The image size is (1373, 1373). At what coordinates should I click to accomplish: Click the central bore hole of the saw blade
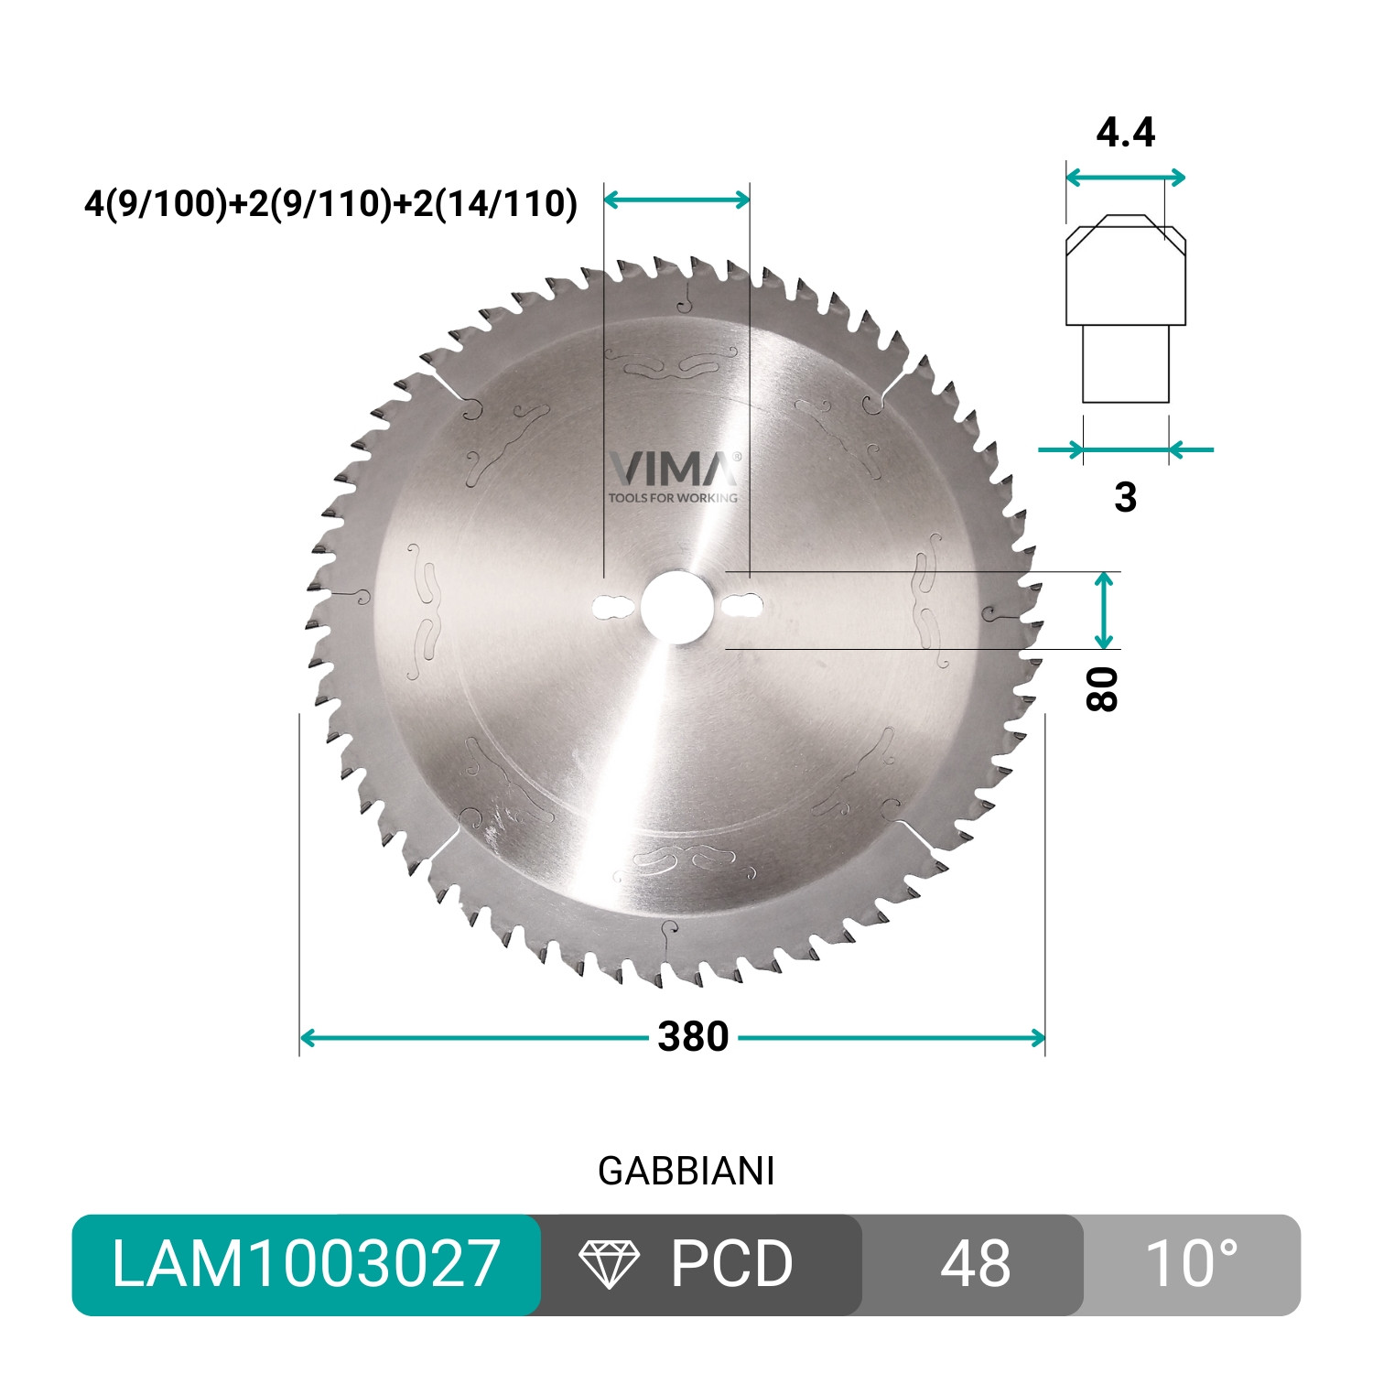[676, 607]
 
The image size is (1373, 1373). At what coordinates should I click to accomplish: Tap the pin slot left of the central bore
[613, 607]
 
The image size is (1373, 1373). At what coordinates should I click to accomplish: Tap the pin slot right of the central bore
[743, 606]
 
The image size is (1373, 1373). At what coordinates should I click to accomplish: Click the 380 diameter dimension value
[693, 1037]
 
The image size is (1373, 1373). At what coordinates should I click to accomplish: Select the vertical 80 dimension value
[1102, 689]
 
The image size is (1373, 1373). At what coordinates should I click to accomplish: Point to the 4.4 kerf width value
[1125, 134]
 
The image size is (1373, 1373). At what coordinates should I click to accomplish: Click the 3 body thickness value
[1125, 497]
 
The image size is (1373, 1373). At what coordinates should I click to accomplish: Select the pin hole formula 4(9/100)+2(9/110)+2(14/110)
[330, 203]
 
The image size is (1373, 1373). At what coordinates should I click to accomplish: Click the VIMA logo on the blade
[675, 469]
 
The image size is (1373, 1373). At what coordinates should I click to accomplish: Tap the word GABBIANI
[686, 1172]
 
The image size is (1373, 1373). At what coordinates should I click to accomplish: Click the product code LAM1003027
[306, 1265]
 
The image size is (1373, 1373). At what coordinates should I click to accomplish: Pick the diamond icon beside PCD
[609, 1265]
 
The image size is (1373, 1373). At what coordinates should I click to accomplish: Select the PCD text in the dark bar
[731, 1265]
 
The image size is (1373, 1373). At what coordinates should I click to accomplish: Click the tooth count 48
[974, 1265]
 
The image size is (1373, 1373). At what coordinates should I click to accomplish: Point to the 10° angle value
[1191, 1265]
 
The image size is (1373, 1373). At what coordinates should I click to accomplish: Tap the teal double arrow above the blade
[676, 200]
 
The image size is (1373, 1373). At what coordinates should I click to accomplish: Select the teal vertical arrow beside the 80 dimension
[1105, 610]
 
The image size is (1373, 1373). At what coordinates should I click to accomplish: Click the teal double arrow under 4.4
[1125, 178]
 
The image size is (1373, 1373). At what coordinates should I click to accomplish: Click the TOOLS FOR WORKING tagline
[673, 498]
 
